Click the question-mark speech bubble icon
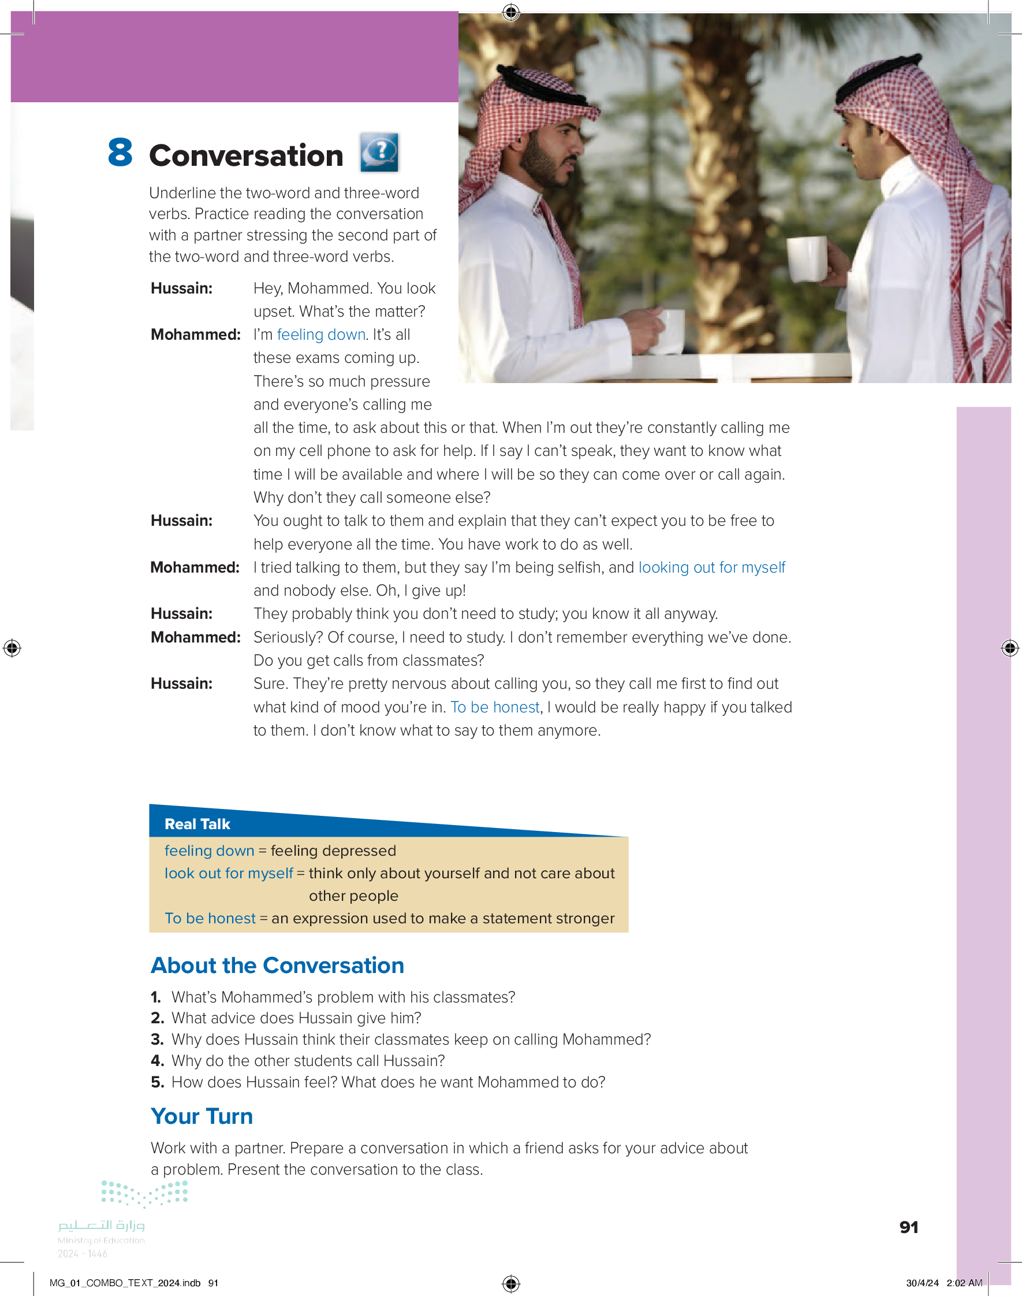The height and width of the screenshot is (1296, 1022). click(379, 152)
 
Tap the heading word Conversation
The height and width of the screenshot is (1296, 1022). click(246, 156)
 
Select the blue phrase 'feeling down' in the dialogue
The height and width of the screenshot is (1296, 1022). click(320, 335)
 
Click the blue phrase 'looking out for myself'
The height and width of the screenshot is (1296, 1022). click(711, 567)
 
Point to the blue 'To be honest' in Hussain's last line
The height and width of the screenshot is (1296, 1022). click(495, 708)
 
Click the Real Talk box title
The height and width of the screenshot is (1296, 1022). click(197, 825)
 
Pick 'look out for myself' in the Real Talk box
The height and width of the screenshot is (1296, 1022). click(229, 874)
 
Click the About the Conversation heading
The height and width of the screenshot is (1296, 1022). click(278, 965)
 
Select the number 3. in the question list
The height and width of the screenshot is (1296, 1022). click(157, 1040)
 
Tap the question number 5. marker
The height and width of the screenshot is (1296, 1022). click(157, 1082)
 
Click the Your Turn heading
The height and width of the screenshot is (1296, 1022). click(202, 1116)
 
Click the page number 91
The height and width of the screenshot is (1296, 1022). click(908, 1228)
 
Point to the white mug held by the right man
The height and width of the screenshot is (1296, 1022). click(807, 259)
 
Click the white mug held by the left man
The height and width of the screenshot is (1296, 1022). click(669, 331)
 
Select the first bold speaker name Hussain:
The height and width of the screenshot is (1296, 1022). click(181, 288)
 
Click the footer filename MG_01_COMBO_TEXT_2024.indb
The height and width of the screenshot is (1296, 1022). click(125, 1283)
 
